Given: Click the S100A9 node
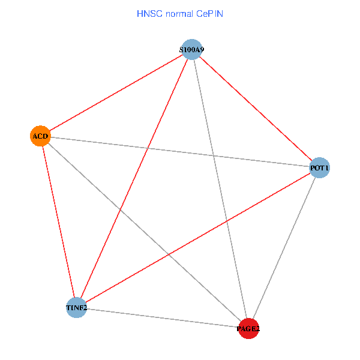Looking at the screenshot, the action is coord(191,49).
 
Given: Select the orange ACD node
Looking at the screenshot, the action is coord(40,136).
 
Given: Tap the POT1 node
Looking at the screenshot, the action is coord(319,168).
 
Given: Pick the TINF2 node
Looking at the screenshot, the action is coord(76,308).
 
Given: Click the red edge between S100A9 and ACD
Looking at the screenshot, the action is coord(116,92).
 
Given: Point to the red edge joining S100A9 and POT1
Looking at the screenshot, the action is coord(255,109).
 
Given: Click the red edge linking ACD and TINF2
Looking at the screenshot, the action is coord(58,222).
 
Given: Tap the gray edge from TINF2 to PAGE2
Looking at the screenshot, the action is coord(162,318).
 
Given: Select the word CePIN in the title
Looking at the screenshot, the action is coord(209,13).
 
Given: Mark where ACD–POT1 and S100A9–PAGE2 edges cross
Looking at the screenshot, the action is coord(213,155).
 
